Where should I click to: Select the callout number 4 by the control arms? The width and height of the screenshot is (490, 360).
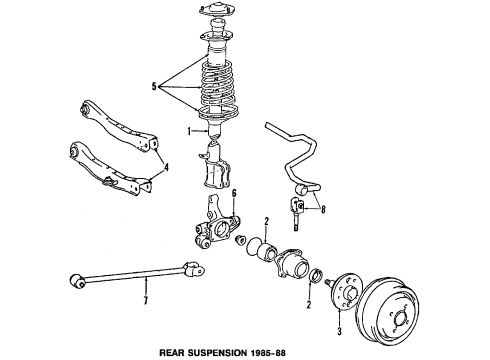tap(167, 168)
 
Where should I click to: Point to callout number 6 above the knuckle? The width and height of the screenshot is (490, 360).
tap(234, 194)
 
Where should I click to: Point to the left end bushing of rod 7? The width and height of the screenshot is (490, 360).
tap(75, 277)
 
